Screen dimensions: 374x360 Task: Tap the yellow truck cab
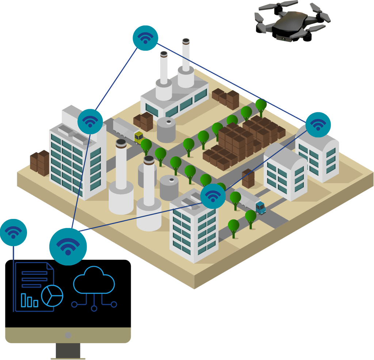[x=139, y=137]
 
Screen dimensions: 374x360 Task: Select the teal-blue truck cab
[x=260, y=207]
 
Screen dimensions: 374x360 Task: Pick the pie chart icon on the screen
[x=52, y=295]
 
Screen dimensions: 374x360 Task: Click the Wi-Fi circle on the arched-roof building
[x=318, y=125]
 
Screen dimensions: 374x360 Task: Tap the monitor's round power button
[x=68, y=335]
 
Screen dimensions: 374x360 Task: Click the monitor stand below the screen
[x=68, y=351]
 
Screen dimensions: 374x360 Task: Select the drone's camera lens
[x=282, y=38]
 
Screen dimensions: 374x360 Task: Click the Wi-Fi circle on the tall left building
[x=90, y=121]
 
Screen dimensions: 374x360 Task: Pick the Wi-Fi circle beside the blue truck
[x=213, y=196]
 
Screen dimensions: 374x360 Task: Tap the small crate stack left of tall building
[x=40, y=162]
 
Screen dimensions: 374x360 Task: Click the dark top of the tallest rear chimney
[x=186, y=41]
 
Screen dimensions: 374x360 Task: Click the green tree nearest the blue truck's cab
[x=251, y=218]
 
